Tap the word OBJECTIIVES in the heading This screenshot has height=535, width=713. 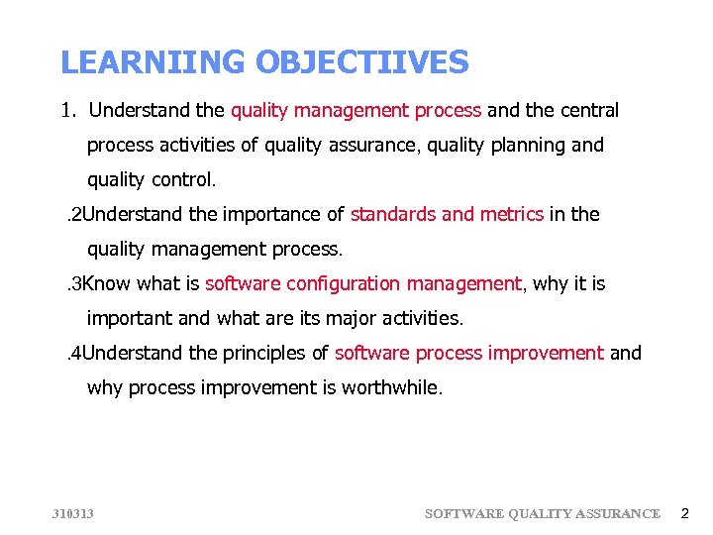coord(361,63)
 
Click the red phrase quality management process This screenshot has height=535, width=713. coord(356,110)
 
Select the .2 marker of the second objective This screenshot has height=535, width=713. coord(73,214)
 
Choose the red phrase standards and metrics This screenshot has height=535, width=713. coord(447,214)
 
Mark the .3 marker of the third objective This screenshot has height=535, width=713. coord(73,284)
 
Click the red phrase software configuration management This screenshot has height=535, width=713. coord(362,284)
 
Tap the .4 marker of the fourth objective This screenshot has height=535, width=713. coord(73,353)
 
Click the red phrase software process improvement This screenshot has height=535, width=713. coord(468,353)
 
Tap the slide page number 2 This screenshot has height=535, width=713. coord(683,513)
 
